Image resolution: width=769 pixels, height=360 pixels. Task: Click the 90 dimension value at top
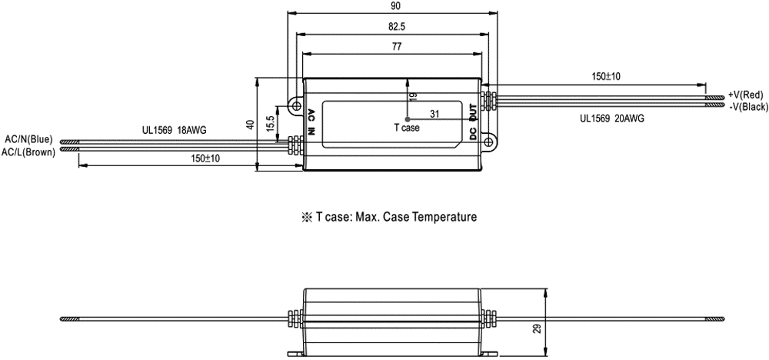391,6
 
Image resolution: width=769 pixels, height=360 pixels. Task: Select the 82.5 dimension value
392,26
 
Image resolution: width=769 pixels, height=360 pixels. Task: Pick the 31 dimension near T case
434,114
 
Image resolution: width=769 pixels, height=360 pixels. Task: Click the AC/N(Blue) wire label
28,139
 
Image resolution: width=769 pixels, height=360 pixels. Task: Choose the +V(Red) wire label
745,93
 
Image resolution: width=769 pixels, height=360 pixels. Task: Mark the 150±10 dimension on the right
607,77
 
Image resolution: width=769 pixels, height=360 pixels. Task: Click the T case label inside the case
406,128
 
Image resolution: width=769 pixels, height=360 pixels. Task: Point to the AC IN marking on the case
312,123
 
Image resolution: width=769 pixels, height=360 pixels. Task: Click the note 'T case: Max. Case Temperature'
391,217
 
